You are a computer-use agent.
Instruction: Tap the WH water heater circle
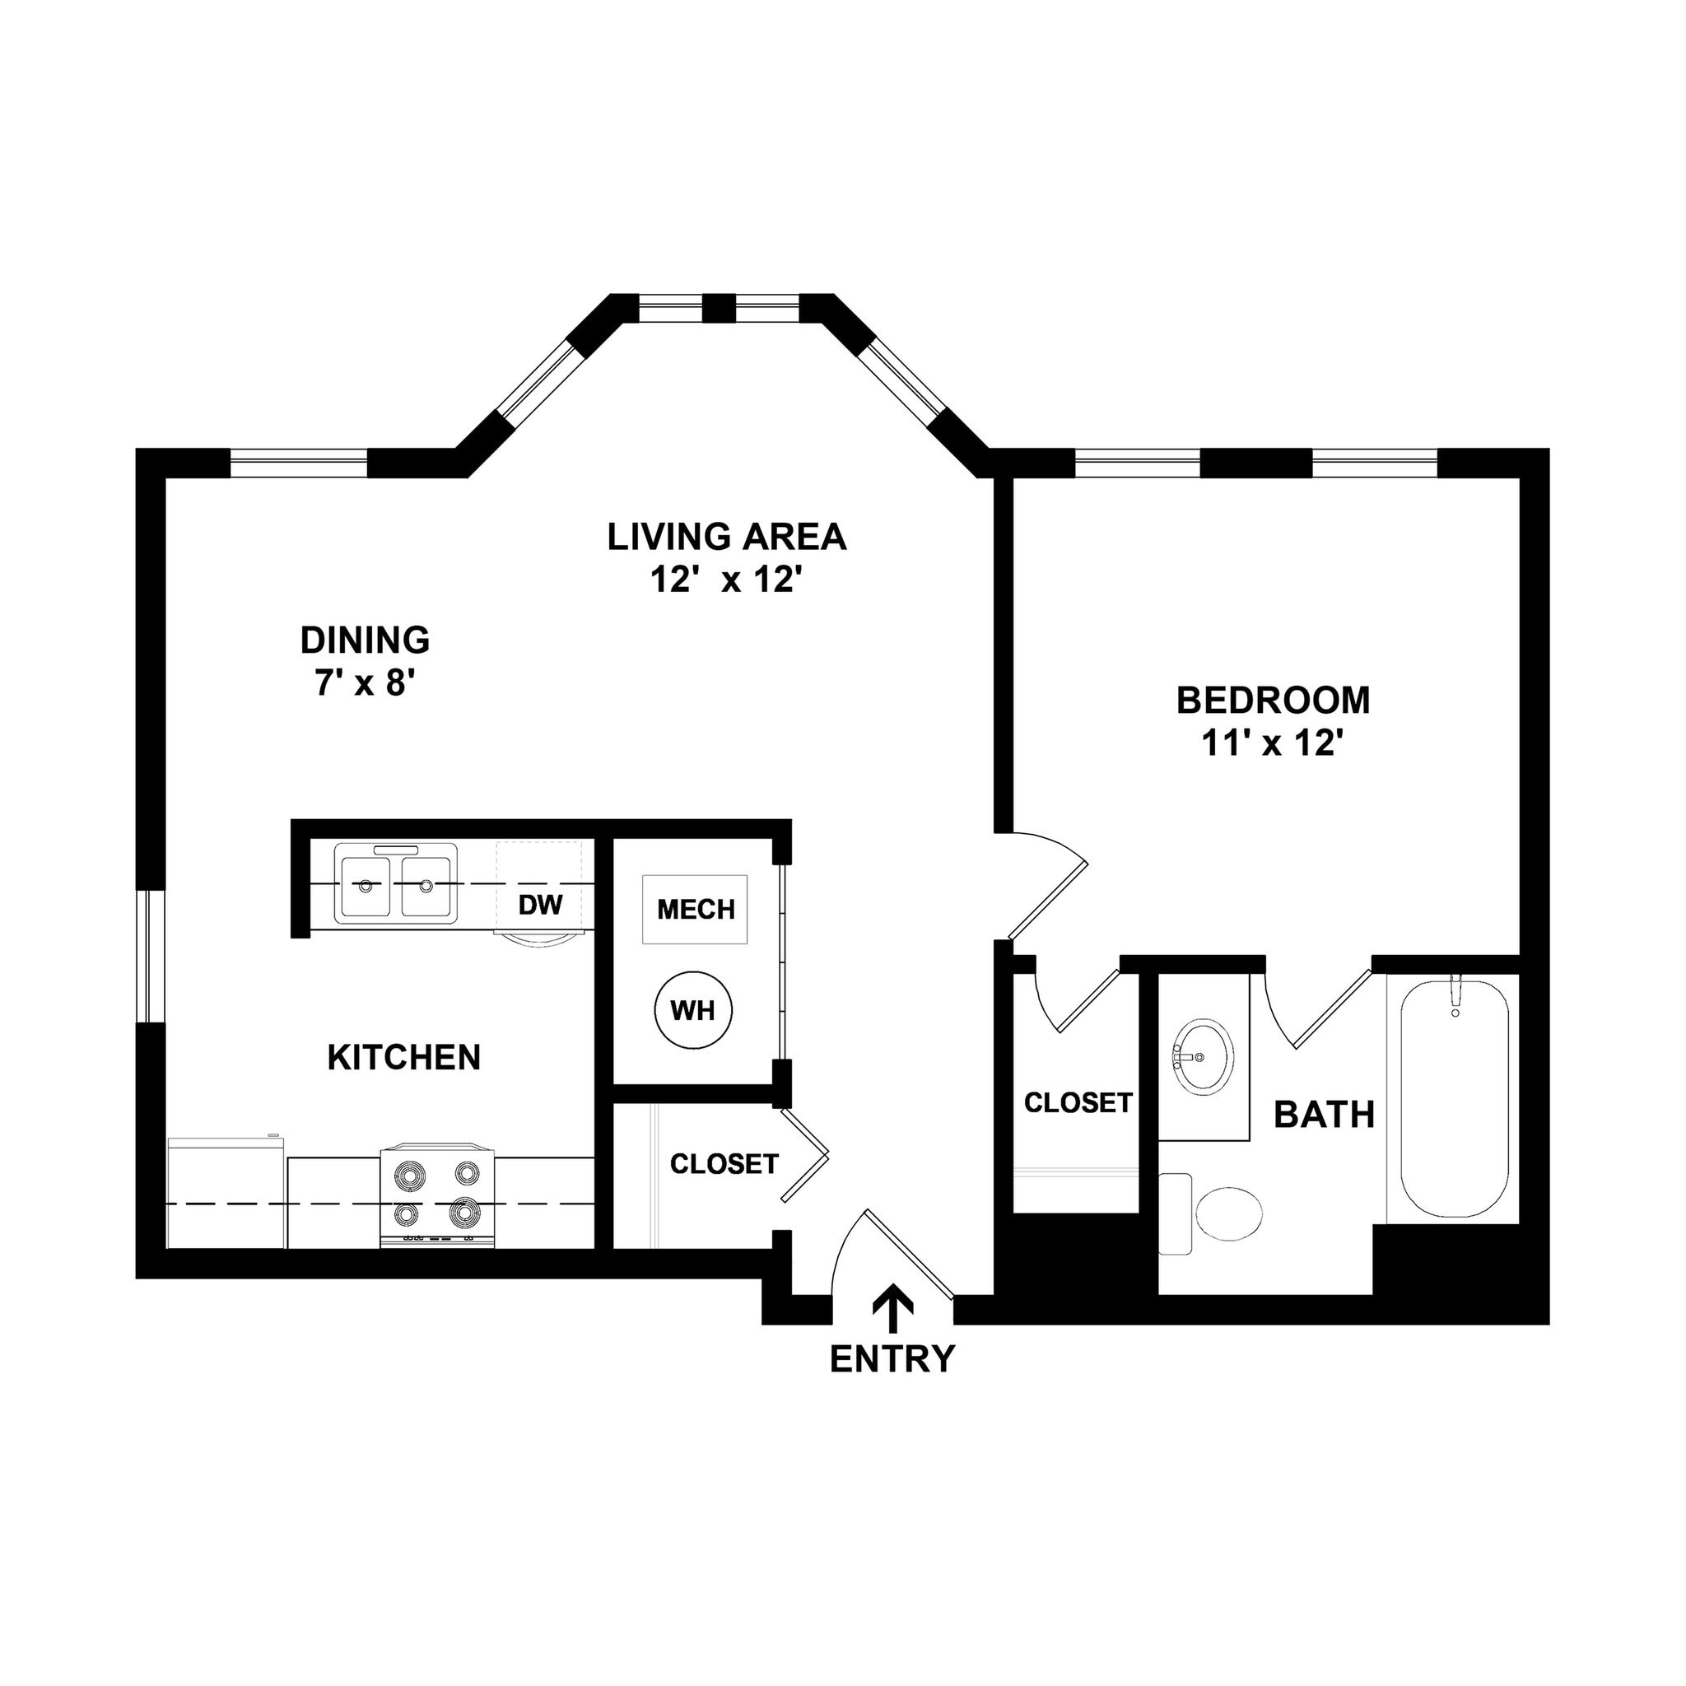[x=693, y=1011]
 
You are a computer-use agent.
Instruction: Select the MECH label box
[x=696, y=910]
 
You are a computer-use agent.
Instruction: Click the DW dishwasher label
[x=540, y=904]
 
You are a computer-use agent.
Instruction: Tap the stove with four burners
[x=437, y=1195]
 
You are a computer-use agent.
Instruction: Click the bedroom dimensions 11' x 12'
[x=1271, y=743]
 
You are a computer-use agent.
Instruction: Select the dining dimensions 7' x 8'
[x=364, y=683]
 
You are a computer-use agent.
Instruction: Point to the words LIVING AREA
[x=726, y=537]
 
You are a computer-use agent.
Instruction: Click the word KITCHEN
[x=404, y=1057]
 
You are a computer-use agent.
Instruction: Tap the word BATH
[x=1324, y=1115]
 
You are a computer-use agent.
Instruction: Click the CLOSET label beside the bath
[x=1078, y=1102]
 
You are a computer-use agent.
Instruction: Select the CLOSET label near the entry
[x=724, y=1163]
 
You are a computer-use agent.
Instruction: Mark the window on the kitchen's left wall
[x=151, y=956]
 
